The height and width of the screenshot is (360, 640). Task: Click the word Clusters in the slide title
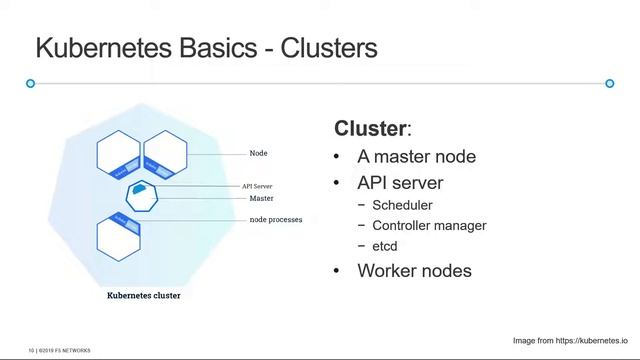point(329,48)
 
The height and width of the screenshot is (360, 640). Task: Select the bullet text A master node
point(416,157)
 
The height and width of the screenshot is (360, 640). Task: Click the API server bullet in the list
point(400,183)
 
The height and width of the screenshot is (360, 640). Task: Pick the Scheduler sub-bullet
point(402,206)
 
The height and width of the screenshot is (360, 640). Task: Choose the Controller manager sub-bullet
point(429,226)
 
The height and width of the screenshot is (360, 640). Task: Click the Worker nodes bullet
point(414,271)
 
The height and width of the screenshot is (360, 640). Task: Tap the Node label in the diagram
point(258,154)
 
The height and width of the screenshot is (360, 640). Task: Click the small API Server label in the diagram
point(257,186)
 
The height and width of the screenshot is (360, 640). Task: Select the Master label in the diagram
point(261,198)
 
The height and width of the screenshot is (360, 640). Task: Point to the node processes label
point(275,220)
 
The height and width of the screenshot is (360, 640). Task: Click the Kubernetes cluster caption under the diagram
point(144,296)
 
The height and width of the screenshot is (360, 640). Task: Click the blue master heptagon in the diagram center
point(142,195)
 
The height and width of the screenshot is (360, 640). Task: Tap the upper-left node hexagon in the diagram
point(119,154)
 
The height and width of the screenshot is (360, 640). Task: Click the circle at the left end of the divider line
point(31,83)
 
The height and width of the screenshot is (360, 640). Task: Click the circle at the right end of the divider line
point(610,83)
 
